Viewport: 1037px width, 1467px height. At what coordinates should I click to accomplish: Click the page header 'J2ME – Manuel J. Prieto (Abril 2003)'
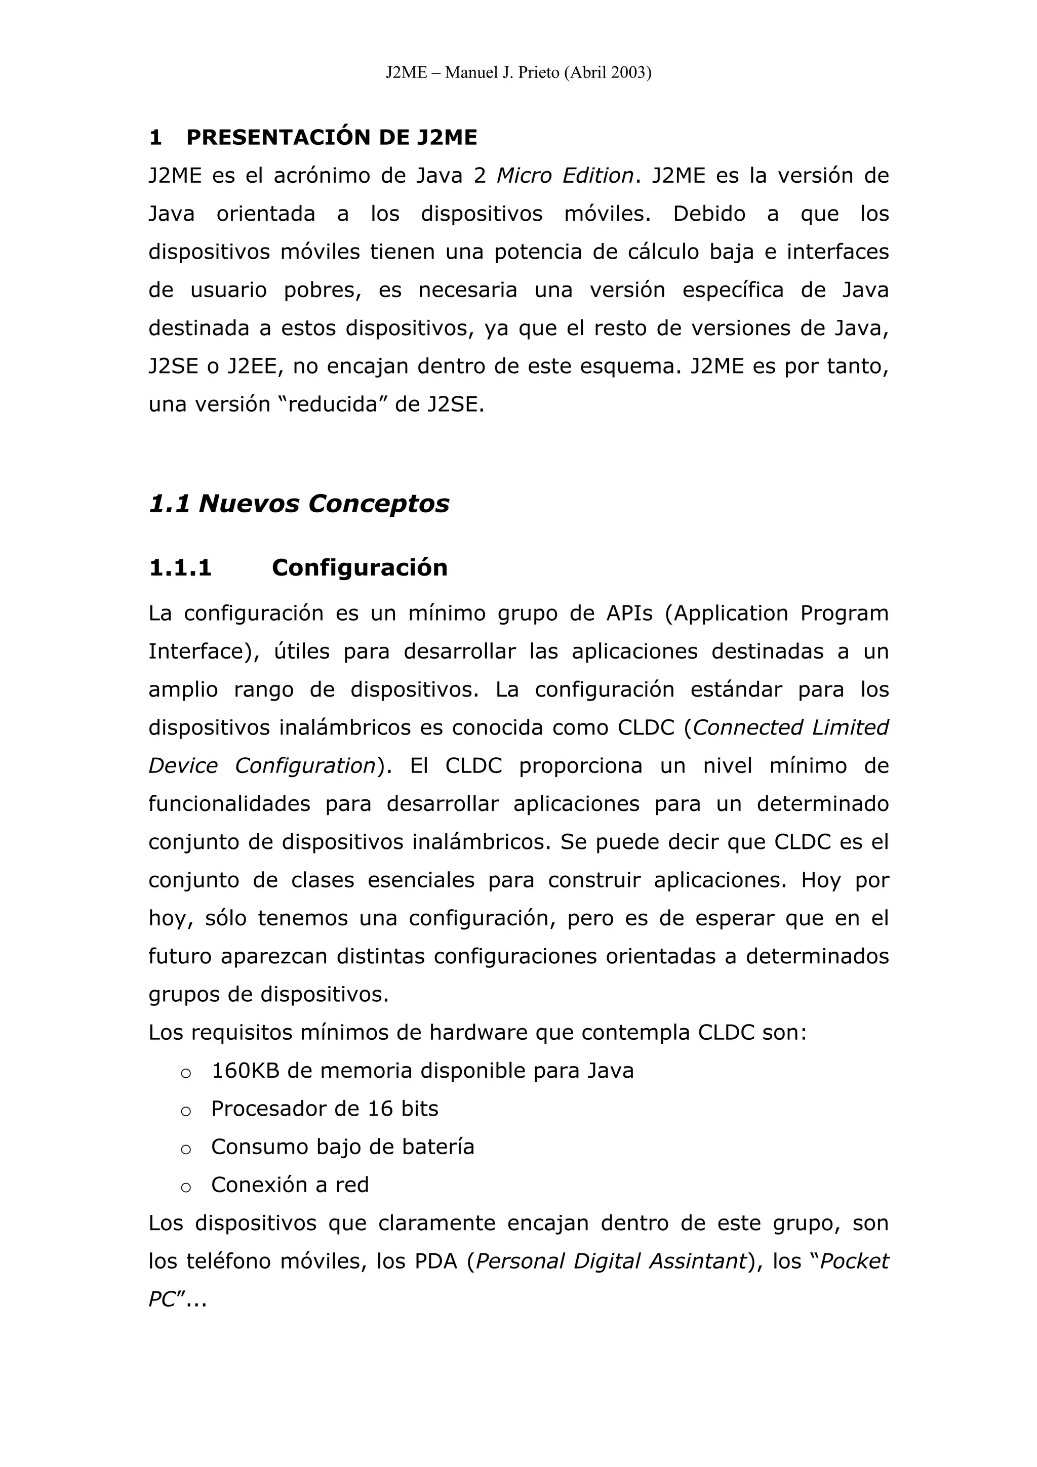[x=518, y=73]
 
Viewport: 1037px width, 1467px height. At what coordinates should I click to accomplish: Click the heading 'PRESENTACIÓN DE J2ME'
[x=332, y=137]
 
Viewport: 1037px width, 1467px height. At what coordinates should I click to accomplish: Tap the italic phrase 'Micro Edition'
[x=565, y=176]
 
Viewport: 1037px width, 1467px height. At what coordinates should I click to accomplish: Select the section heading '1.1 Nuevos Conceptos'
[x=299, y=504]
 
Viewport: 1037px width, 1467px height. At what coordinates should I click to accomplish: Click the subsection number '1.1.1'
[x=180, y=568]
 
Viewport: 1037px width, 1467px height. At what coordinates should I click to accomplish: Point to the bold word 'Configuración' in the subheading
[x=360, y=568]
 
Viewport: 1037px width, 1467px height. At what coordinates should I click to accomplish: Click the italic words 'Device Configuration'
[x=262, y=766]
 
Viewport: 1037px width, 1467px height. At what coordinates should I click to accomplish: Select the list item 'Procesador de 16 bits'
[x=325, y=1109]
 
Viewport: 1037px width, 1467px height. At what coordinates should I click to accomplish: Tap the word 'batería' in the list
[x=438, y=1148]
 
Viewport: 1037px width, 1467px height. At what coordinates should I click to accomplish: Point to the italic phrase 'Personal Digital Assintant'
[x=612, y=1262]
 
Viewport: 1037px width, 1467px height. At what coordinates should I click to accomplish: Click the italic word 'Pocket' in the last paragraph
[x=855, y=1262]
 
